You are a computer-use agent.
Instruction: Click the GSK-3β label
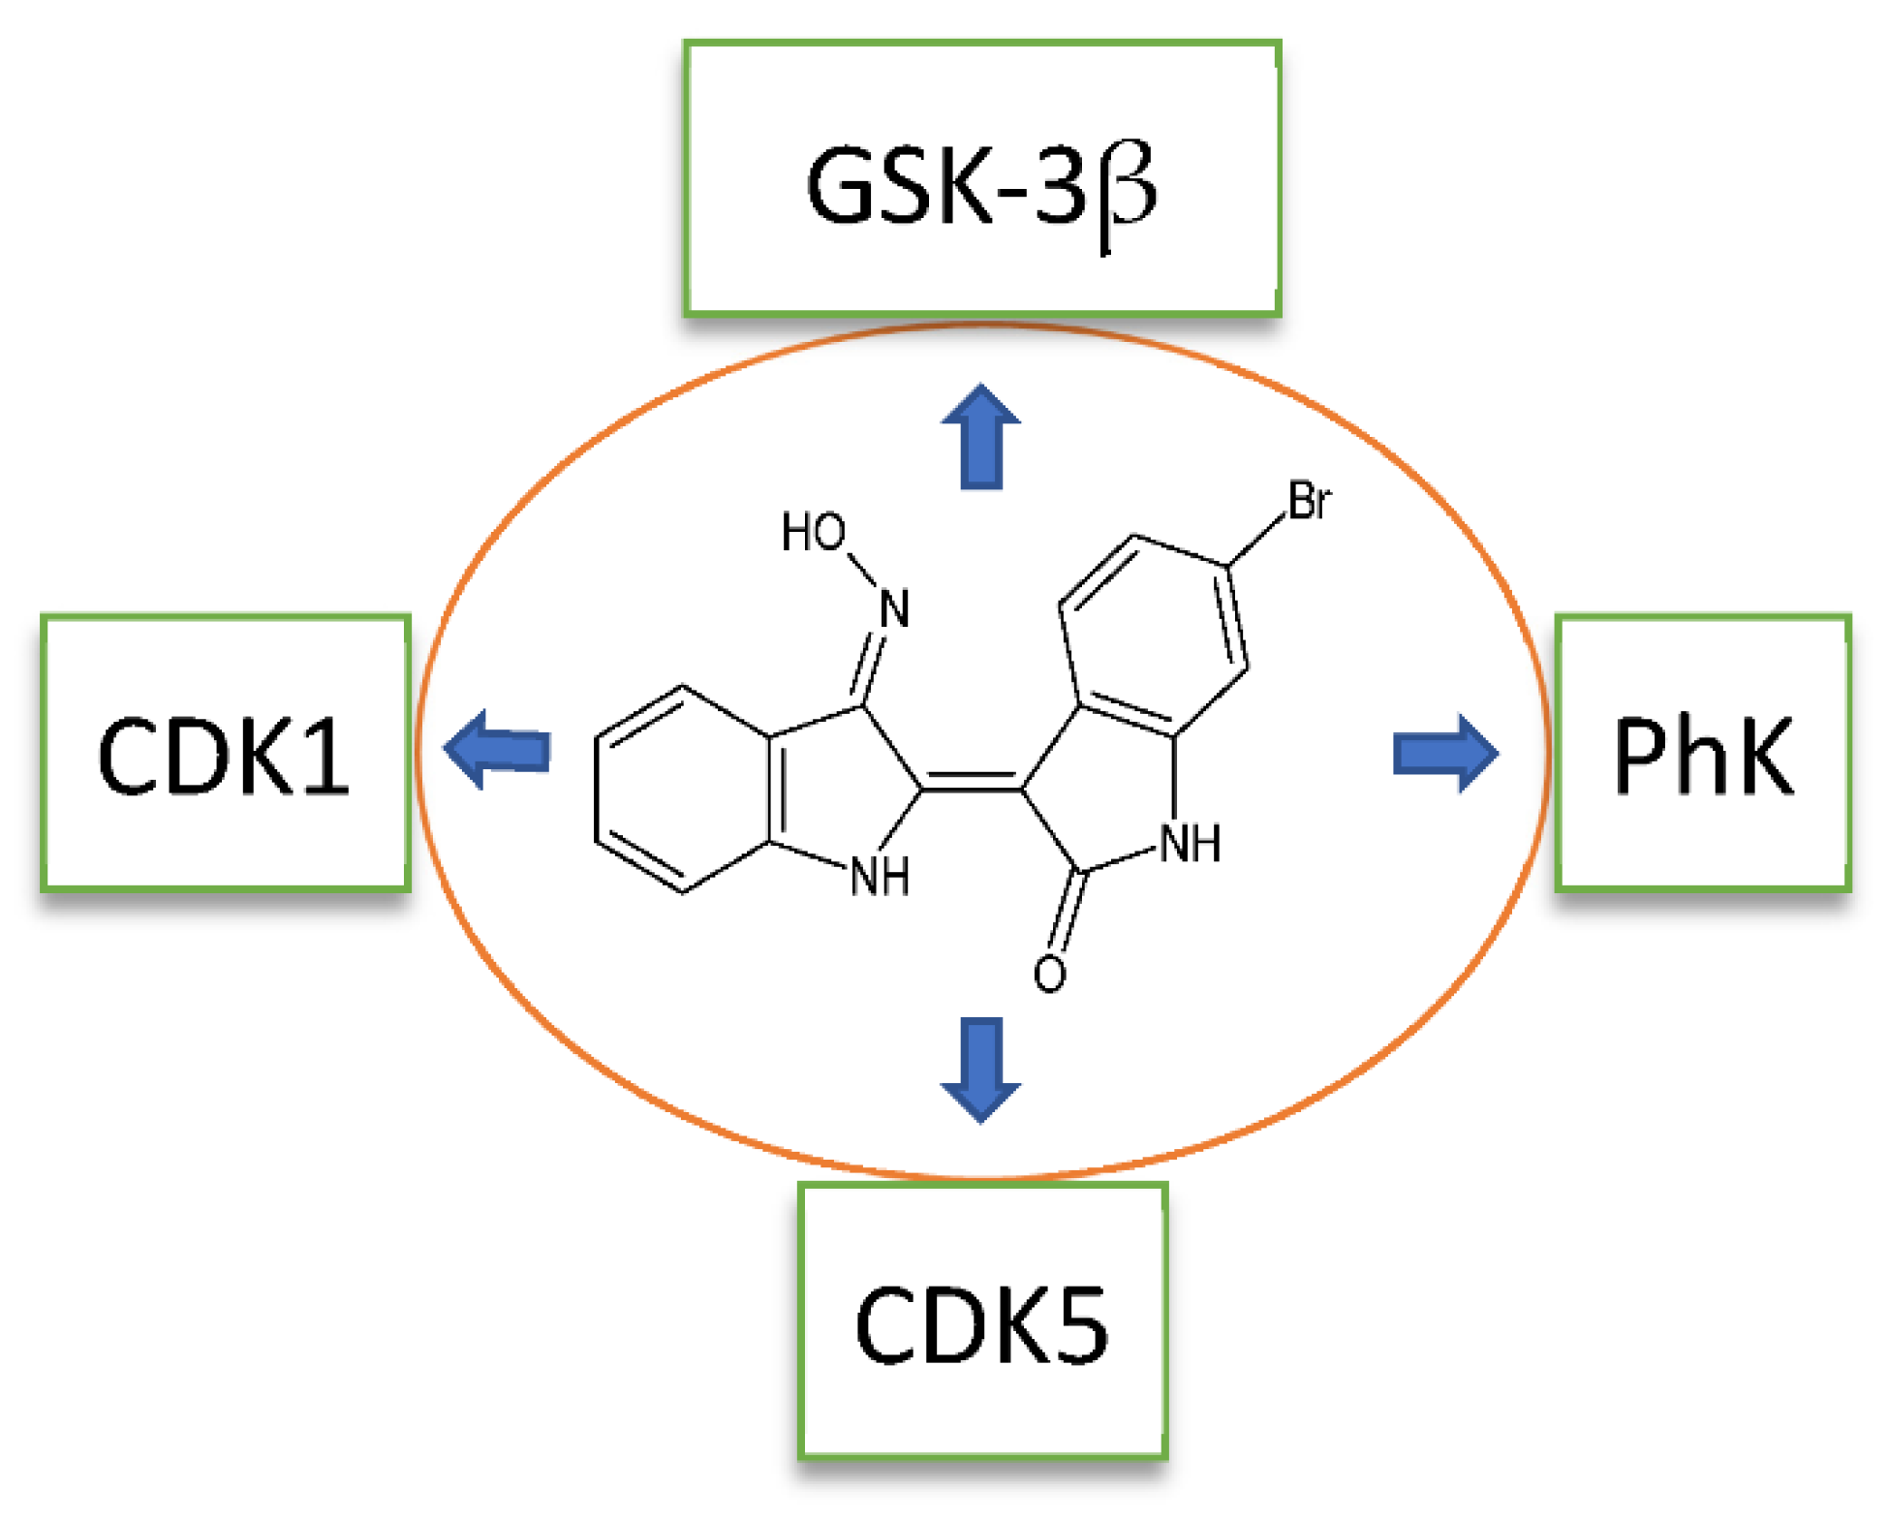click(980, 186)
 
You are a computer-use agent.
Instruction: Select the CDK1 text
click(223, 757)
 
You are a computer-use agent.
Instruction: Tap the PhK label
click(1703, 756)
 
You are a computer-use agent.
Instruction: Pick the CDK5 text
click(980, 1325)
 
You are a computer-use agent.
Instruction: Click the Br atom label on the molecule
click(1309, 502)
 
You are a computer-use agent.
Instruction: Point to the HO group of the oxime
click(813, 533)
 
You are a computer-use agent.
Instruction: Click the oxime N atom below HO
click(894, 609)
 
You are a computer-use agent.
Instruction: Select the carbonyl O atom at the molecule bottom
click(1049, 974)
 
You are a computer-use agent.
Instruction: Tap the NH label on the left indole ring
click(880, 878)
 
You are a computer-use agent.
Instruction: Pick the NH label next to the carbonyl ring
click(1191, 844)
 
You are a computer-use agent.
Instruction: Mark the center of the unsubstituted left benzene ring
click(683, 789)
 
